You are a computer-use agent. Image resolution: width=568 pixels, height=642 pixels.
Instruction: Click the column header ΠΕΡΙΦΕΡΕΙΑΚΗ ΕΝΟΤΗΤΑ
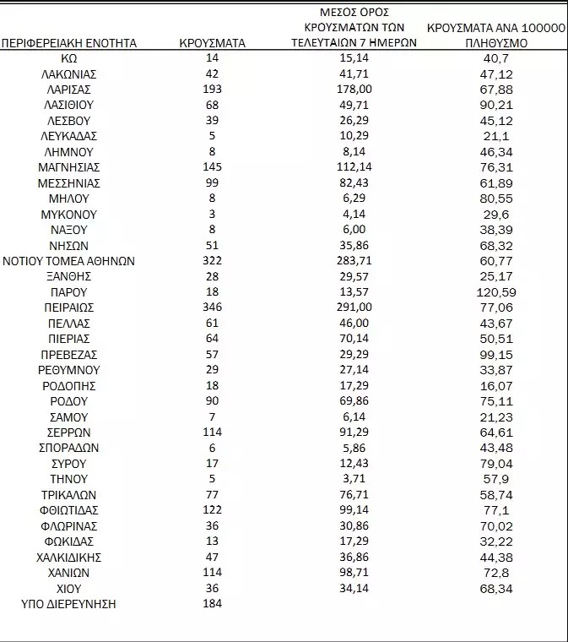click(69, 43)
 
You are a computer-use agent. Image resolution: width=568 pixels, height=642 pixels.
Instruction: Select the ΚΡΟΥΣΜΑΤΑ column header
click(213, 43)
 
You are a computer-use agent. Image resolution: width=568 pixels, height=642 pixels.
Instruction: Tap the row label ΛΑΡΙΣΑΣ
click(69, 90)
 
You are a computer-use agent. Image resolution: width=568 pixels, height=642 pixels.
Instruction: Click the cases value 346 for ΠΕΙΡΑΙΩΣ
click(213, 307)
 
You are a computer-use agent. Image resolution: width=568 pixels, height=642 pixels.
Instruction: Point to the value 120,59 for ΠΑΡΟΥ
click(496, 292)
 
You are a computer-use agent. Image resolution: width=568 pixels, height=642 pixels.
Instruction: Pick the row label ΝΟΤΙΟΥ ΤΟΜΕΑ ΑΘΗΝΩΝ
click(69, 261)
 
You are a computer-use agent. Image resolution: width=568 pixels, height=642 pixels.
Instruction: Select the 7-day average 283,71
click(354, 261)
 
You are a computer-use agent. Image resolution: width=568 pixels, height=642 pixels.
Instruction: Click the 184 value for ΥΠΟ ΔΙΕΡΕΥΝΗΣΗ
click(213, 604)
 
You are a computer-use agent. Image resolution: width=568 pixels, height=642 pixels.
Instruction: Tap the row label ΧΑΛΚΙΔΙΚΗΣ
click(69, 558)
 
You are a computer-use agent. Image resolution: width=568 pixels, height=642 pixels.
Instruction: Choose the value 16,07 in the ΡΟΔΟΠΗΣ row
click(496, 386)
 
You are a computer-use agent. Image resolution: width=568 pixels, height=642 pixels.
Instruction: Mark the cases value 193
click(213, 90)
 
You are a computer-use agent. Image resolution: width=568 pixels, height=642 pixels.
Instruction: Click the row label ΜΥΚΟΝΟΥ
click(69, 215)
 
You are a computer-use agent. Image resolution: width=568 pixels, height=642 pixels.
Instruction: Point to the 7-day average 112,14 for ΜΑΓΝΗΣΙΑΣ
click(354, 167)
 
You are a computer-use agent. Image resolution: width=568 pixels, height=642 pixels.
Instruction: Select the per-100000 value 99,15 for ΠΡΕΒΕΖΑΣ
click(496, 355)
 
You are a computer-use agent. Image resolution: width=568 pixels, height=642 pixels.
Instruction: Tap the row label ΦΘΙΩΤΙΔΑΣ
click(69, 510)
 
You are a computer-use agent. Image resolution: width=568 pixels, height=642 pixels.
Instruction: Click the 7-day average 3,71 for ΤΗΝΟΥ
click(354, 479)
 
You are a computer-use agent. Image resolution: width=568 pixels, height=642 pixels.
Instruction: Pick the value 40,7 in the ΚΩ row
click(496, 58)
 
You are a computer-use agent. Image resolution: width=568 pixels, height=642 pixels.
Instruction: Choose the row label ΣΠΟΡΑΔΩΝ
click(69, 448)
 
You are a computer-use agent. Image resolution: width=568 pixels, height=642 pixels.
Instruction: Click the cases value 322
click(213, 261)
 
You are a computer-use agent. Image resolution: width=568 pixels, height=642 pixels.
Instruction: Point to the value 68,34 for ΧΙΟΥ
click(496, 589)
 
